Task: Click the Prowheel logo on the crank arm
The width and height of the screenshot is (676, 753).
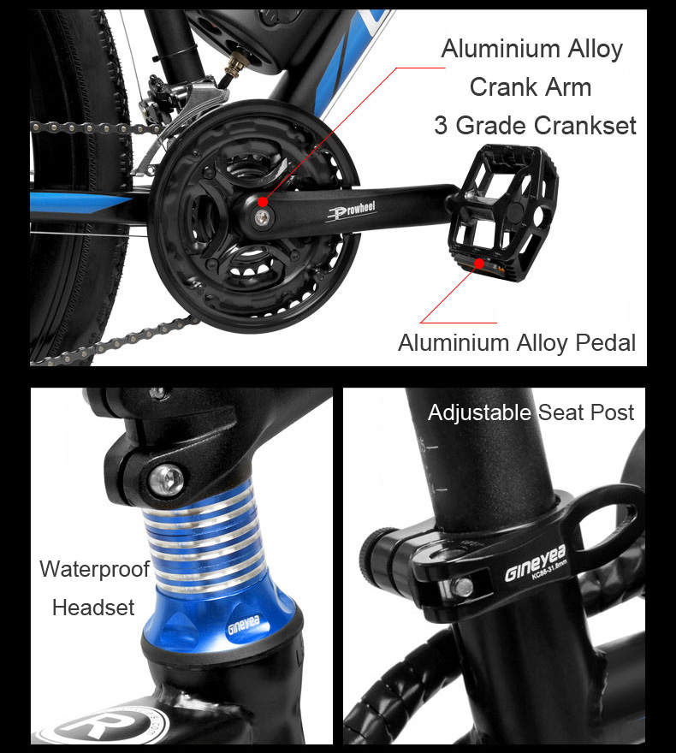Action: [352, 210]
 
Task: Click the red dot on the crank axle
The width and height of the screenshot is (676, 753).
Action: [263, 201]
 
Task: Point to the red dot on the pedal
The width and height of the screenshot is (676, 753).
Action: [479, 264]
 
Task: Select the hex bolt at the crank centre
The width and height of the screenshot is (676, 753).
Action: [262, 217]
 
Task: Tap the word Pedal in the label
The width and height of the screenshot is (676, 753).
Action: [606, 343]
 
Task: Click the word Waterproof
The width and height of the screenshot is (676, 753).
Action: [95, 570]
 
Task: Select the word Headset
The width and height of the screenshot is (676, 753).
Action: [93, 608]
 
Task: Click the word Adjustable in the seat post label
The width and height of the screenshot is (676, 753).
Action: [479, 413]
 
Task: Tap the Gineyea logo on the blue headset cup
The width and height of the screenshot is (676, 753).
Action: [243, 625]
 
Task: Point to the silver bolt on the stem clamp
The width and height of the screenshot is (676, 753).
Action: [166, 480]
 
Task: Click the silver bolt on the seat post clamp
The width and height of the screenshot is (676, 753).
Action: [462, 587]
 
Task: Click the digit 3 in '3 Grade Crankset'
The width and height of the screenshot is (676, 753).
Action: [441, 126]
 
